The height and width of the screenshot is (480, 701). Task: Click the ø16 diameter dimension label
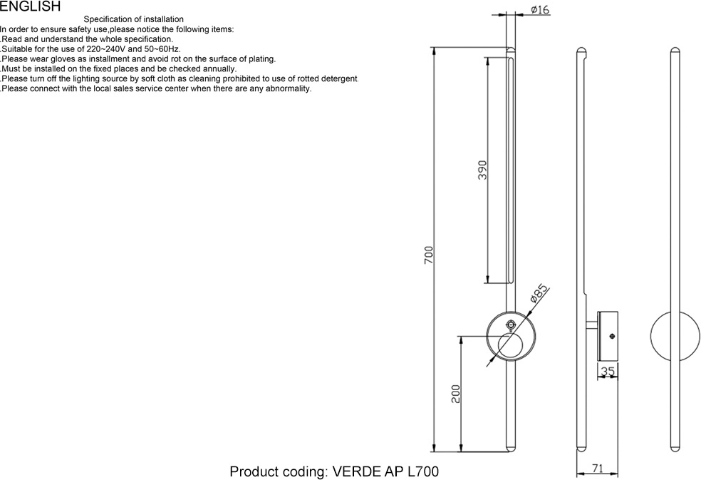[x=540, y=9]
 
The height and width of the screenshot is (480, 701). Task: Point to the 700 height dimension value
[x=429, y=255]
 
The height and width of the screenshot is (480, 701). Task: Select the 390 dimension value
[x=482, y=170]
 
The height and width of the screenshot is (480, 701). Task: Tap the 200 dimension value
[x=456, y=394]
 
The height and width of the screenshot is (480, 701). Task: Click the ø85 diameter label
[x=540, y=293]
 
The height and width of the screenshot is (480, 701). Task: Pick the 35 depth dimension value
[x=608, y=371]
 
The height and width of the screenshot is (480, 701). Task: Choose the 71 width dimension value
[x=598, y=469]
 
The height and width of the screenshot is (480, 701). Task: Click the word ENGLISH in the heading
[x=30, y=6]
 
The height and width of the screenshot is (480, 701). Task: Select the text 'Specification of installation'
[x=133, y=19]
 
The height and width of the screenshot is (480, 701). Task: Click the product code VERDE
[x=357, y=471]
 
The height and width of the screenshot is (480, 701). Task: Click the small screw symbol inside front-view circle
[x=510, y=325]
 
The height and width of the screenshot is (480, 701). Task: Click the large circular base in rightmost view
[x=675, y=335]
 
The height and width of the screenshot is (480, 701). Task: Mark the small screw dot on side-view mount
[x=612, y=336]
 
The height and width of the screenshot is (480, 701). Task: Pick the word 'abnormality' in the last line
[x=286, y=88]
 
